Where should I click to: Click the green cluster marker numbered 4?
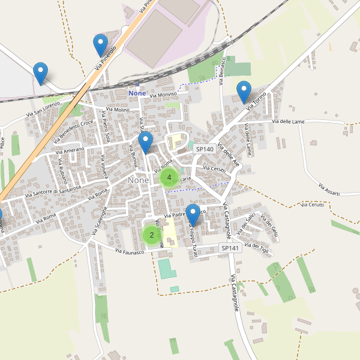point(169,178)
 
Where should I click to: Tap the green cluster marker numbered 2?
point(151,235)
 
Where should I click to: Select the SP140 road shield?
point(205,149)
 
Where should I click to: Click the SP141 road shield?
point(230,248)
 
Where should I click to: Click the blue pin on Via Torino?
point(244,92)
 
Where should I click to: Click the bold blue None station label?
point(137,94)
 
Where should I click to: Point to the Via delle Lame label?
point(288,122)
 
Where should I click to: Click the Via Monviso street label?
point(163,95)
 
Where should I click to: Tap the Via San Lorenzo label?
point(43,109)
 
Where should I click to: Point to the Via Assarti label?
point(329,189)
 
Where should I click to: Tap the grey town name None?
point(138,180)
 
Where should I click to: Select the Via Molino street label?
point(117,110)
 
